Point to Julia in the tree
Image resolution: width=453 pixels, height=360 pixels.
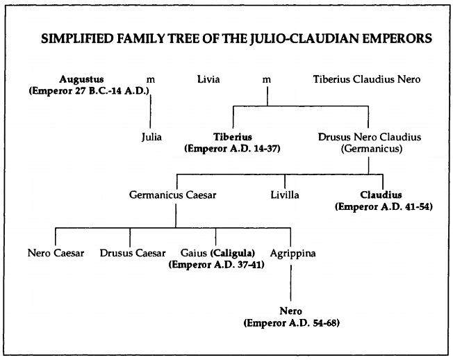click(151, 137)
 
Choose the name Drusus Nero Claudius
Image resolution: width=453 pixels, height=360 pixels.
click(368, 137)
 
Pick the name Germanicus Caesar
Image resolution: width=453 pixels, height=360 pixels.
click(173, 195)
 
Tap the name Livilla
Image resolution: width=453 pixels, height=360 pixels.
click(285, 195)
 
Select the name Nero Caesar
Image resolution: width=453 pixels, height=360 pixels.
click(56, 253)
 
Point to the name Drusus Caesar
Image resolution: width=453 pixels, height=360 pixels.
click(133, 253)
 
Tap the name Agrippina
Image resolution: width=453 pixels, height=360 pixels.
click(293, 253)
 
